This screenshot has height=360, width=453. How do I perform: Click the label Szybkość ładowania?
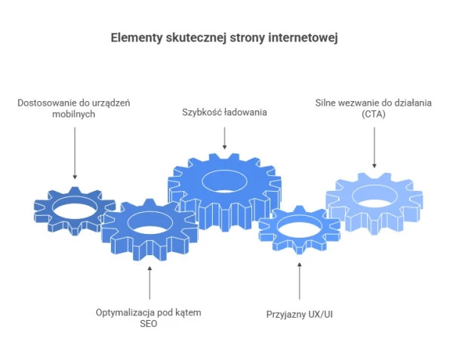tap(225, 112)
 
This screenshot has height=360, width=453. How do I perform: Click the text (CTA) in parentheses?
tap(374, 113)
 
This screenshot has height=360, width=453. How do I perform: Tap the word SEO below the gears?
tap(149, 324)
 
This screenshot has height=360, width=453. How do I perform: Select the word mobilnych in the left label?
tap(74, 113)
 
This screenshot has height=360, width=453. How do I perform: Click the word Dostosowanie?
tap(47, 101)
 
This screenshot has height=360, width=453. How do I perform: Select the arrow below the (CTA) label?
tap(374, 147)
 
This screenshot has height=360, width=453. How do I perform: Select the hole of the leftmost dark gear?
tap(73, 206)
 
